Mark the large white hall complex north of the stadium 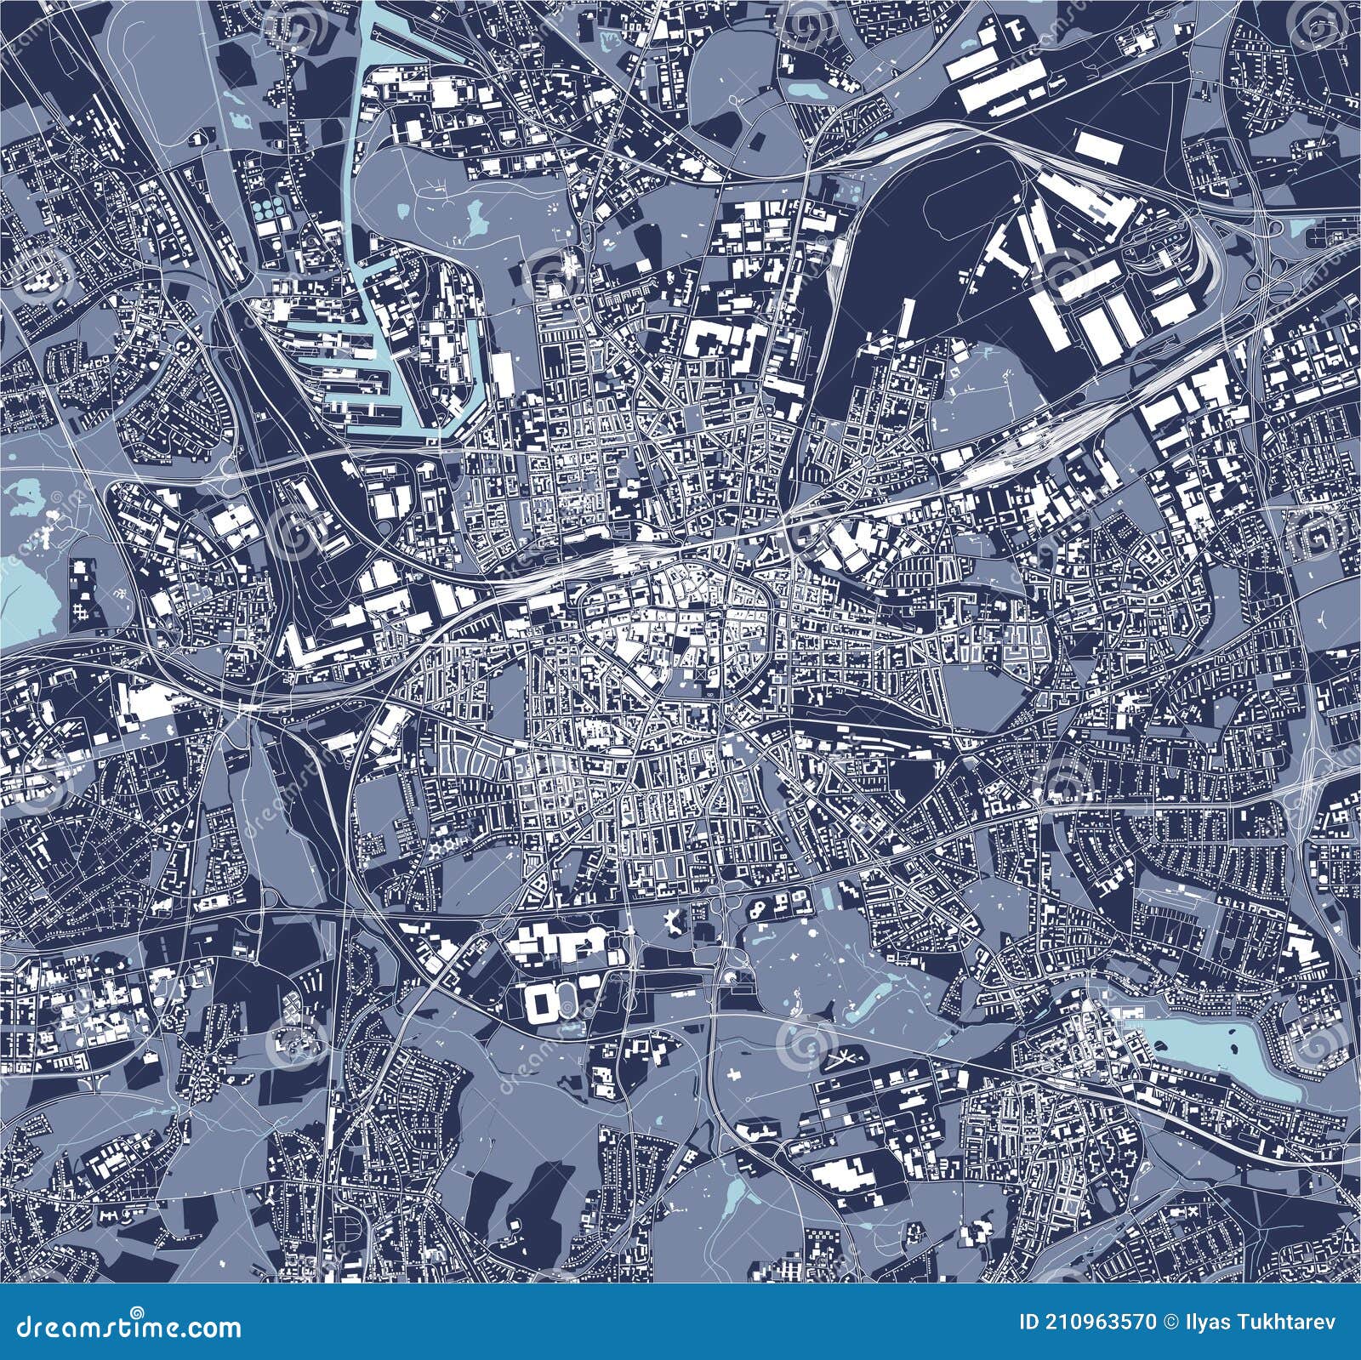557,942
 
